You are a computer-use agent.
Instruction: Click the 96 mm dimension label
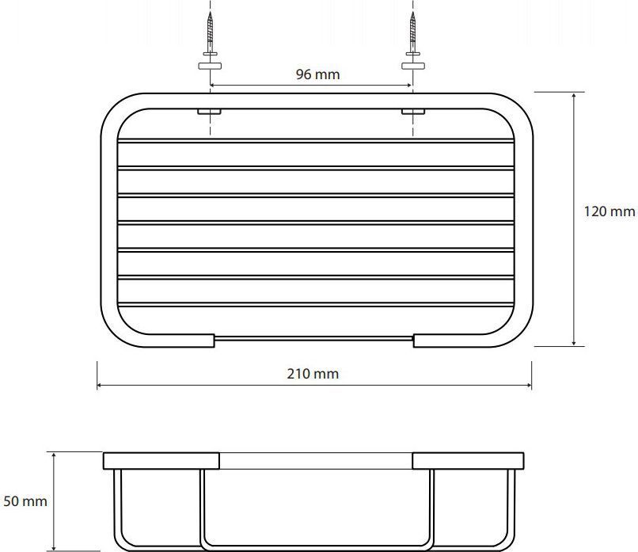click(x=317, y=74)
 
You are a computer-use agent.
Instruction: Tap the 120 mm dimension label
click(x=610, y=211)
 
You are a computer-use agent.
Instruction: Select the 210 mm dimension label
click(x=313, y=374)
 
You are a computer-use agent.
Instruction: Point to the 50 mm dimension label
click(x=25, y=501)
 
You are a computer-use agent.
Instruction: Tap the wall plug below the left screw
click(x=210, y=66)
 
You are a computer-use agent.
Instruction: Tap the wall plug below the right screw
click(x=413, y=66)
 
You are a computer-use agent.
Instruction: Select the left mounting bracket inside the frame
click(x=209, y=111)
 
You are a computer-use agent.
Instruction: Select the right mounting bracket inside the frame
click(x=413, y=111)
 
